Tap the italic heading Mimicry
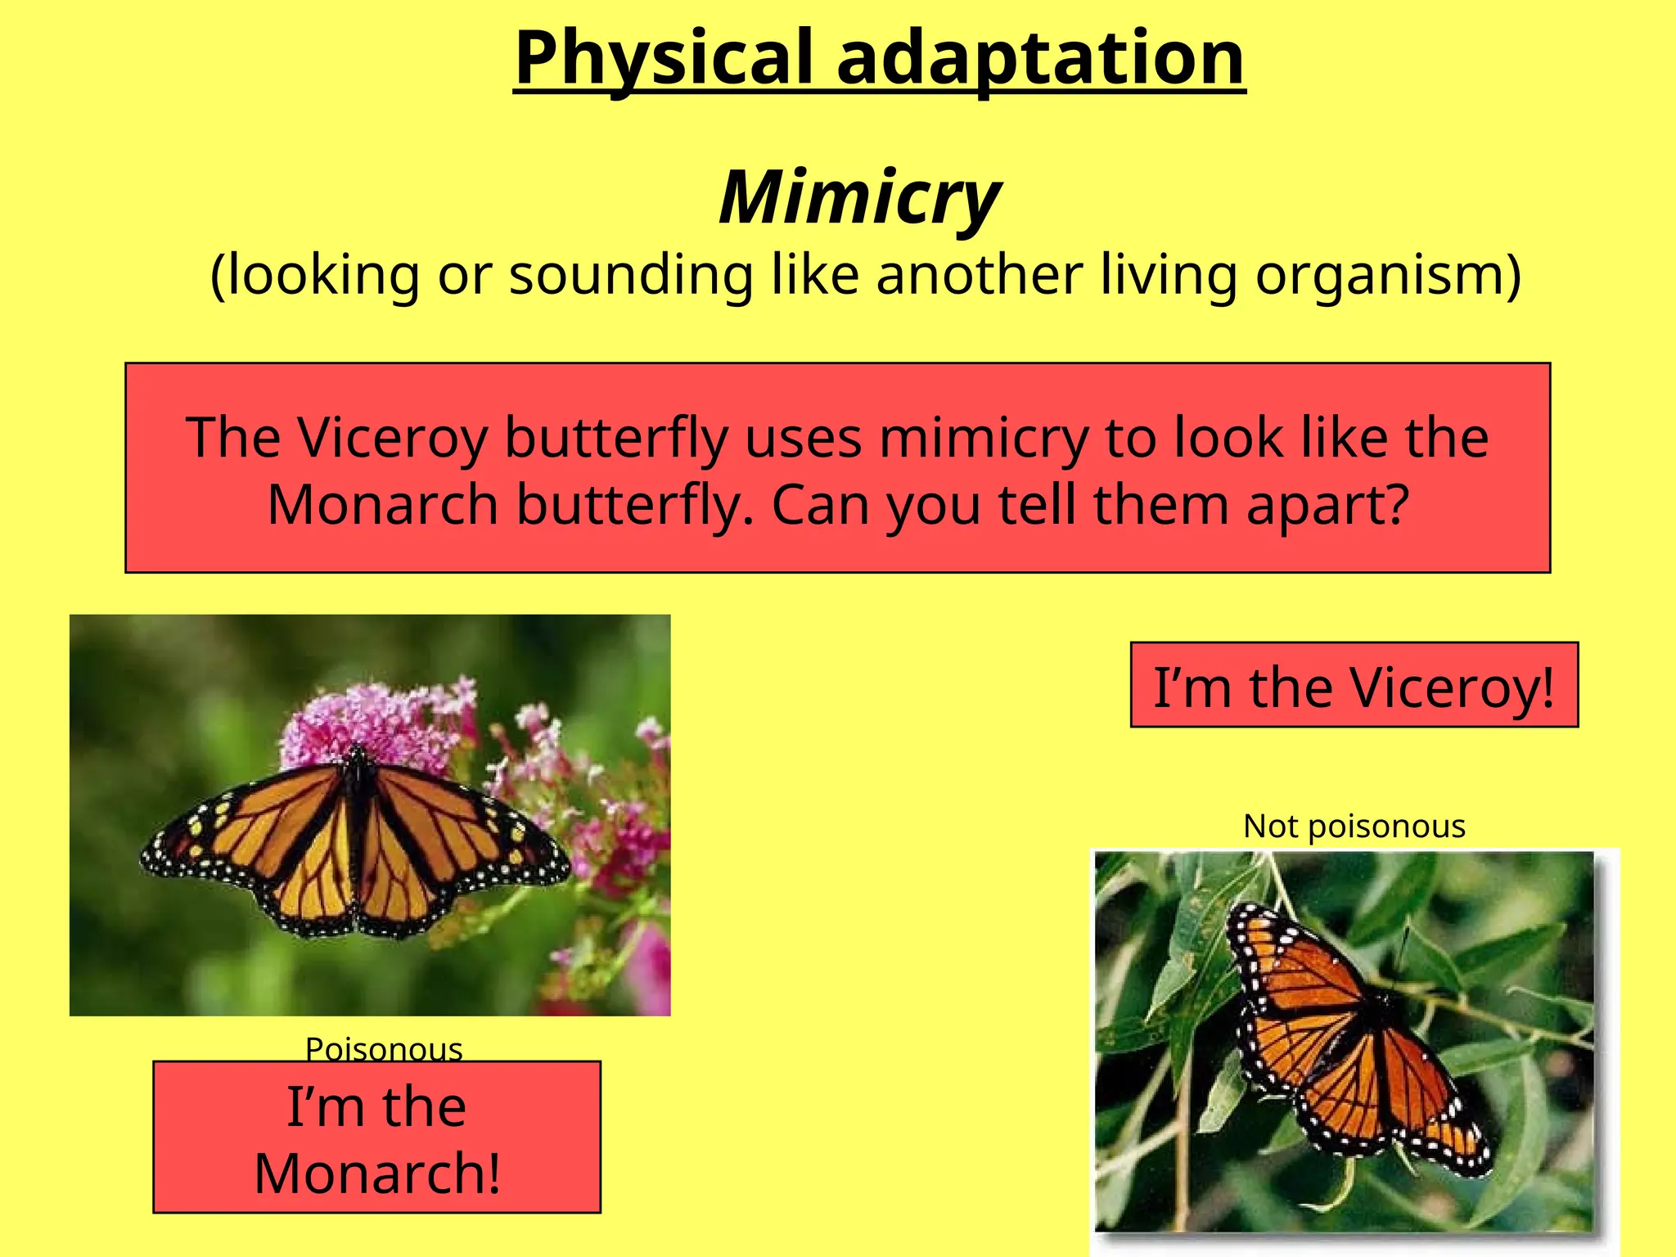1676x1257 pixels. click(x=859, y=197)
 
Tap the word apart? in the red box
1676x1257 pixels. click(x=1327, y=505)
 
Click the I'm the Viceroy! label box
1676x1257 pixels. click(x=1354, y=686)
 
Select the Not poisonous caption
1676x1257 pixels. click(x=1354, y=827)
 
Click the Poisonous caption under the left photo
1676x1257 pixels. click(x=384, y=1048)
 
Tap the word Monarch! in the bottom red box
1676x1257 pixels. click(x=377, y=1174)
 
